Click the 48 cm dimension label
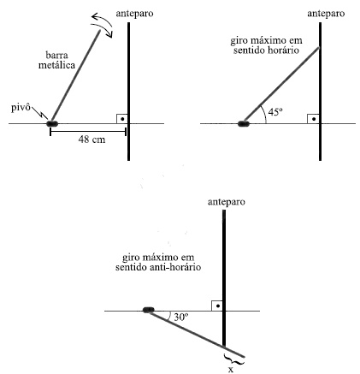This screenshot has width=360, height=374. pyautogui.click(x=91, y=140)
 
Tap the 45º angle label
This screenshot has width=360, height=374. pyautogui.click(x=275, y=112)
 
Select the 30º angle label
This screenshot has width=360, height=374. pyautogui.click(x=181, y=317)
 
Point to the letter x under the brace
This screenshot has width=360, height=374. pyautogui.click(x=231, y=370)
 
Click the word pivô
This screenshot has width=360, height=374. pyautogui.click(x=21, y=108)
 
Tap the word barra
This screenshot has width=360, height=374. pyautogui.click(x=56, y=55)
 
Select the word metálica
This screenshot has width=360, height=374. pyautogui.click(x=56, y=65)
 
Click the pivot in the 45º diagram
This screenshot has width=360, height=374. pyautogui.click(x=244, y=124)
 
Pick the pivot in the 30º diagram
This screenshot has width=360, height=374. pyautogui.click(x=148, y=310)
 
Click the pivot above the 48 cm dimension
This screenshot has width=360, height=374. pyautogui.click(x=52, y=124)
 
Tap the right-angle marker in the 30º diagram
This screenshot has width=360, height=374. pyautogui.click(x=216, y=306)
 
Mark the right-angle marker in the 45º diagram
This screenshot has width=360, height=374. pyautogui.click(x=313, y=119)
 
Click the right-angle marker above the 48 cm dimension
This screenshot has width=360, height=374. pyautogui.click(x=121, y=119)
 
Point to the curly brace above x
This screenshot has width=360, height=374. pyautogui.click(x=234, y=359)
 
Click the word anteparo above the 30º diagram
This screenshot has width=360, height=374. pyautogui.click(x=227, y=202)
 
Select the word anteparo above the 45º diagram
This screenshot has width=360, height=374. pyautogui.click(x=326, y=14)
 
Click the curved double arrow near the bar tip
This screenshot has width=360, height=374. pyautogui.click(x=103, y=23)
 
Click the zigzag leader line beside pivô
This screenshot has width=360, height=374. pyautogui.click(x=40, y=112)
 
